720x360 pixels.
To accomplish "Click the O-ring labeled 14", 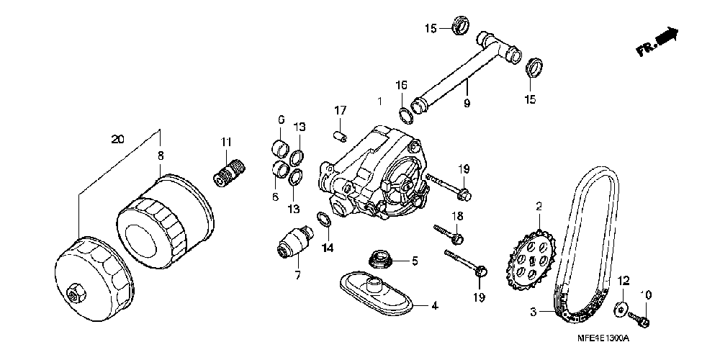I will [x=324, y=220].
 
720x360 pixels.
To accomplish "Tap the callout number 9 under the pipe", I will [x=467, y=104].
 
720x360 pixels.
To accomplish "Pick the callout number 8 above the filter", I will [x=161, y=154].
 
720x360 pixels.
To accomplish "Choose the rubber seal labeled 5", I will [x=377, y=260].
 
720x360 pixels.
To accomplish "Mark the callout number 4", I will [x=435, y=306].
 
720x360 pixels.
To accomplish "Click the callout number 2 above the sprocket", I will [x=538, y=206].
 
